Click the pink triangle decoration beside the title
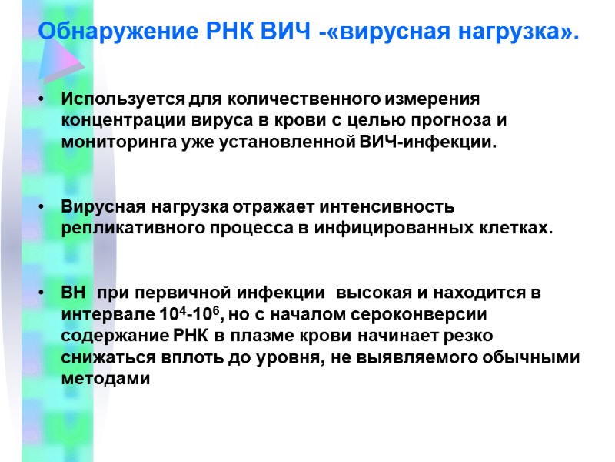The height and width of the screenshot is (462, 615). (x=60, y=54)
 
